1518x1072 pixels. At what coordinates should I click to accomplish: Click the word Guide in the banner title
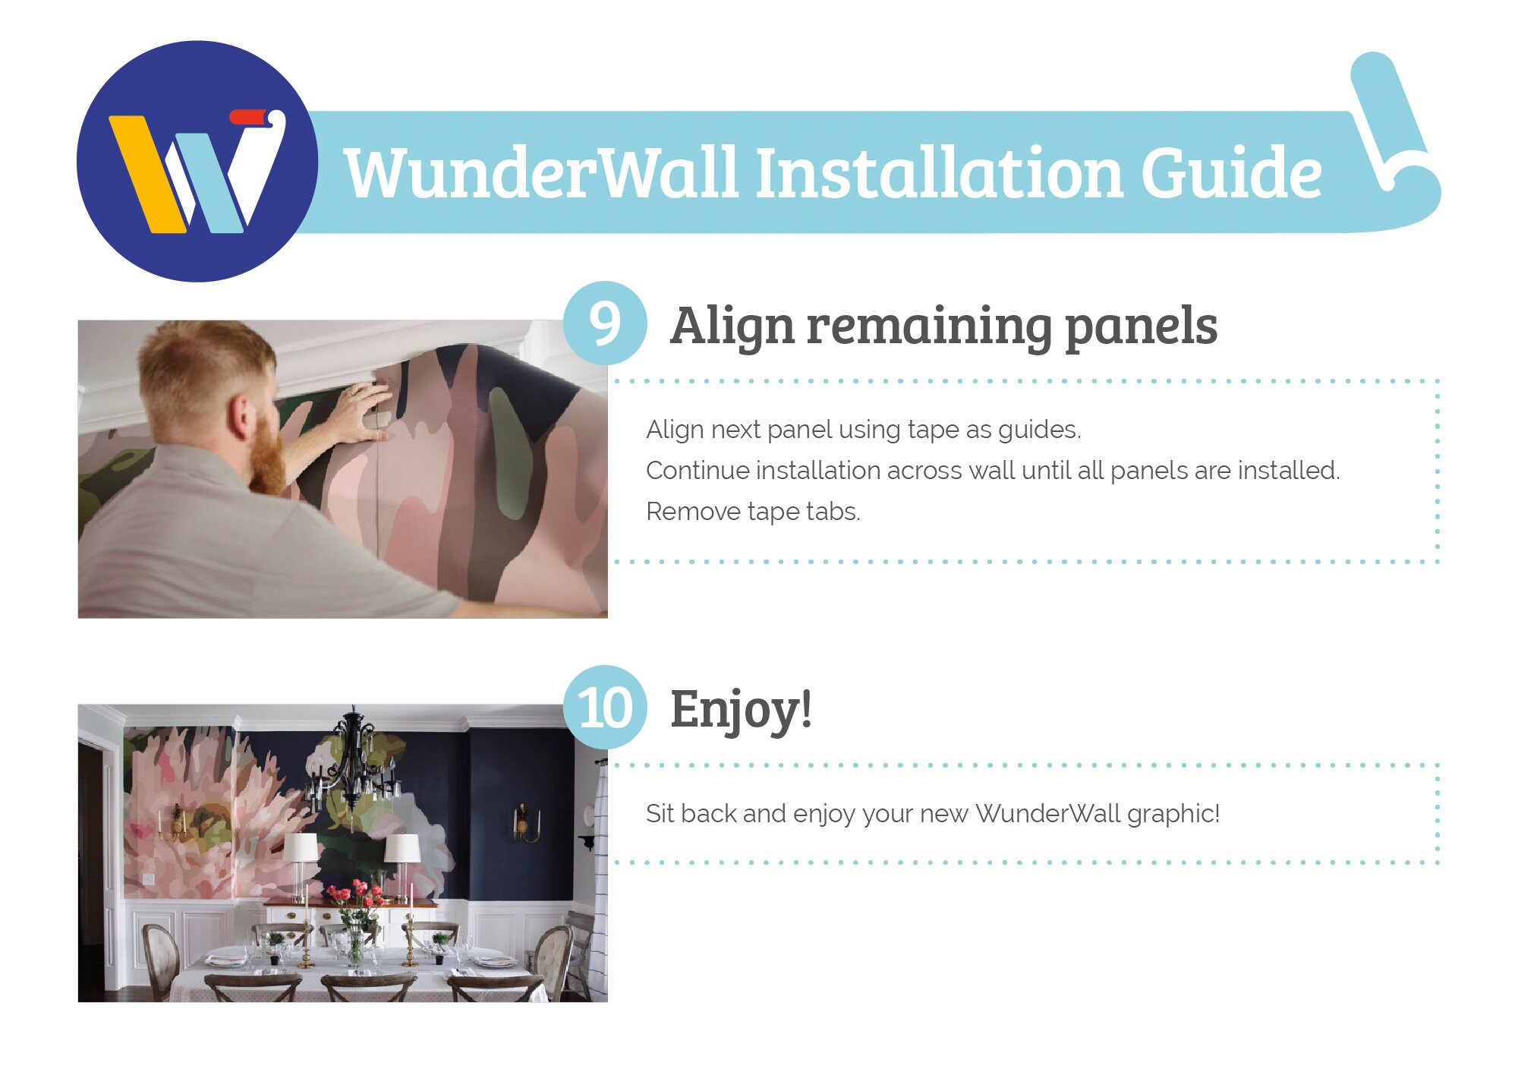pyautogui.click(x=1231, y=173)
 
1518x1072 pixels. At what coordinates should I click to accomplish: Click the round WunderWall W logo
pyautogui.click(x=197, y=161)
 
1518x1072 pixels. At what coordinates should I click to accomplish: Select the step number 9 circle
pyautogui.click(x=605, y=323)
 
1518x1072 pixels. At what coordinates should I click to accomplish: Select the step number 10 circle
pyautogui.click(x=605, y=708)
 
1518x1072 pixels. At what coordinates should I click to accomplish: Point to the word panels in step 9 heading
pyautogui.click(x=1141, y=328)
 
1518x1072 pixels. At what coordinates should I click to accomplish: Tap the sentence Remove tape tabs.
pyautogui.click(x=753, y=512)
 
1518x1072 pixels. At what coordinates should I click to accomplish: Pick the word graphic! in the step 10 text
pyautogui.click(x=1173, y=815)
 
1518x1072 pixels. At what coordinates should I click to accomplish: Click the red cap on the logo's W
pyautogui.click(x=249, y=117)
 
